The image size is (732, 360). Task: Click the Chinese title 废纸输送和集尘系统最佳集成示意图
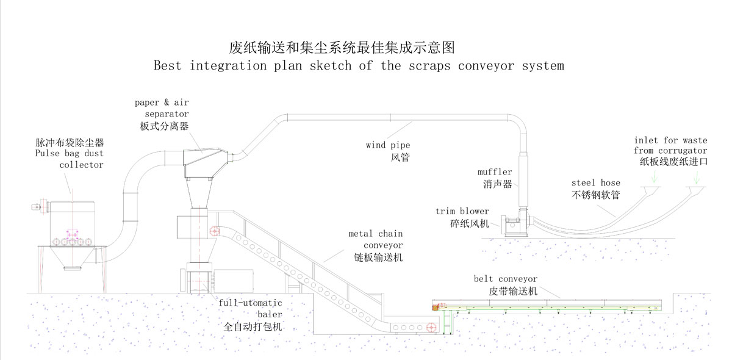click(342, 47)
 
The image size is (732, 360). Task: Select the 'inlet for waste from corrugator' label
click(670, 150)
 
